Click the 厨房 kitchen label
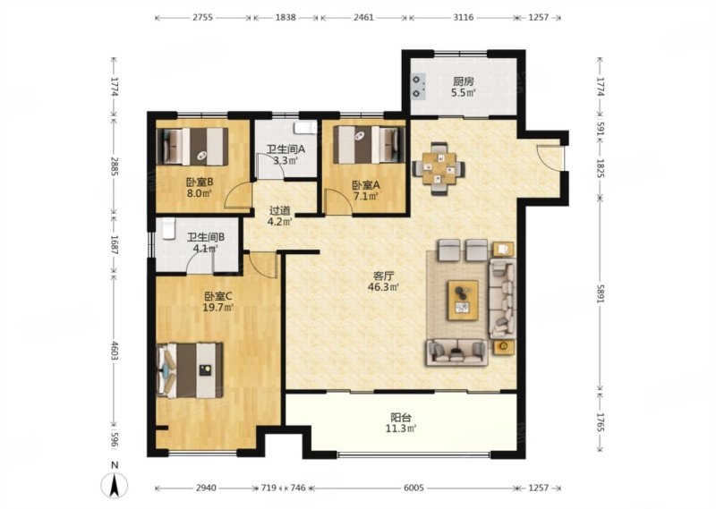tap(463, 82)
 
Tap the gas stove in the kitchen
tap(418, 87)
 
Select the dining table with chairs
tap(439, 168)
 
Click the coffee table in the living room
tap(463, 300)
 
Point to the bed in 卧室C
tap(190, 370)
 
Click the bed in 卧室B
tap(192, 146)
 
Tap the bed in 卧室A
tap(369, 145)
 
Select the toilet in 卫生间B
tap(168, 228)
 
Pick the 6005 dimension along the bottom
tap(413, 488)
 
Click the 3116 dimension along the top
tap(463, 18)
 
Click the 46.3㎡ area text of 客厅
tap(384, 287)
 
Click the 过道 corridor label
tap(279, 211)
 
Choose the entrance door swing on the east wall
tap(550, 158)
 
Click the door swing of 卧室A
tap(337, 202)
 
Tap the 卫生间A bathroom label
tap(286, 149)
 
